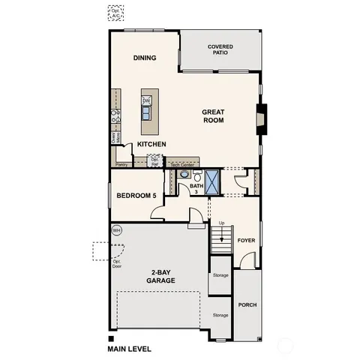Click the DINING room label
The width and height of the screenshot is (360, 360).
click(144, 58)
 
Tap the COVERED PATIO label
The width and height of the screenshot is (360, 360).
click(220, 50)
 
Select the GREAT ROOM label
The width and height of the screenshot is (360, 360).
click(213, 115)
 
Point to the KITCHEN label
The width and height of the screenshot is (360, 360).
click(151, 144)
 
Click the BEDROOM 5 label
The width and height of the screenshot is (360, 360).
click(136, 196)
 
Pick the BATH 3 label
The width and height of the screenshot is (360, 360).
click(196, 189)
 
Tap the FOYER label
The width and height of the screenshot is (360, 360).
click(246, 241)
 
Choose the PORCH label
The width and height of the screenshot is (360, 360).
click(247, 305)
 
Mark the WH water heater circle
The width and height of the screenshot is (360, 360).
click(117, 230)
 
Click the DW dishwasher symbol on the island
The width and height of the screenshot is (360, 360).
click(147, 100)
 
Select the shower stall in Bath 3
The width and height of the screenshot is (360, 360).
click(213, 181)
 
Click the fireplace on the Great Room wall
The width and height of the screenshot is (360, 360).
click(261, 118)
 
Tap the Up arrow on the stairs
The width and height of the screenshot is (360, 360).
click(221, 228)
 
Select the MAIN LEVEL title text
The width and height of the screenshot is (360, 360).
click(130, 348)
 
